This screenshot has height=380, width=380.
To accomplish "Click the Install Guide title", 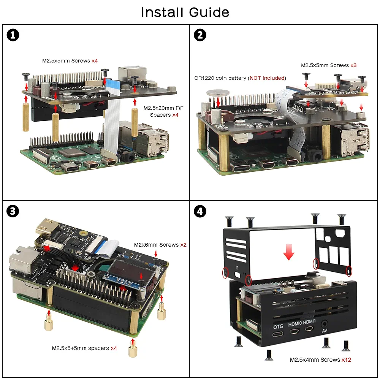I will coord(185,13).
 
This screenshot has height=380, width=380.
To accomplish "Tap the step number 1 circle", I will coord(13,35).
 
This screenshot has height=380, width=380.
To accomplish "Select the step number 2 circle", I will coord(200,35).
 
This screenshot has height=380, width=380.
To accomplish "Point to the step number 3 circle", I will coord(13,211).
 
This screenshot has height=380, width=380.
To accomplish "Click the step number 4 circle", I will coord(200,211).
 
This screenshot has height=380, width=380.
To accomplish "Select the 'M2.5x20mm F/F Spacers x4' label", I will coord(161,111).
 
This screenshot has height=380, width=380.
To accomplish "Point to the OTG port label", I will coord(278,327).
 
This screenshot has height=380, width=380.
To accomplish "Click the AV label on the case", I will coord(324,331).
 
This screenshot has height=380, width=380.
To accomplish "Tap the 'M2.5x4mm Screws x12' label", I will coord(320,359).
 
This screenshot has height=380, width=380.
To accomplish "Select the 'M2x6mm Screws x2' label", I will coord(160,245).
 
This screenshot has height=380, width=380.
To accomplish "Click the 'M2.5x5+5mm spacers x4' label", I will coord(84,348).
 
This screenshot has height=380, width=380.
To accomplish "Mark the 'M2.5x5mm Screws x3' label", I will coord(329,65).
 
